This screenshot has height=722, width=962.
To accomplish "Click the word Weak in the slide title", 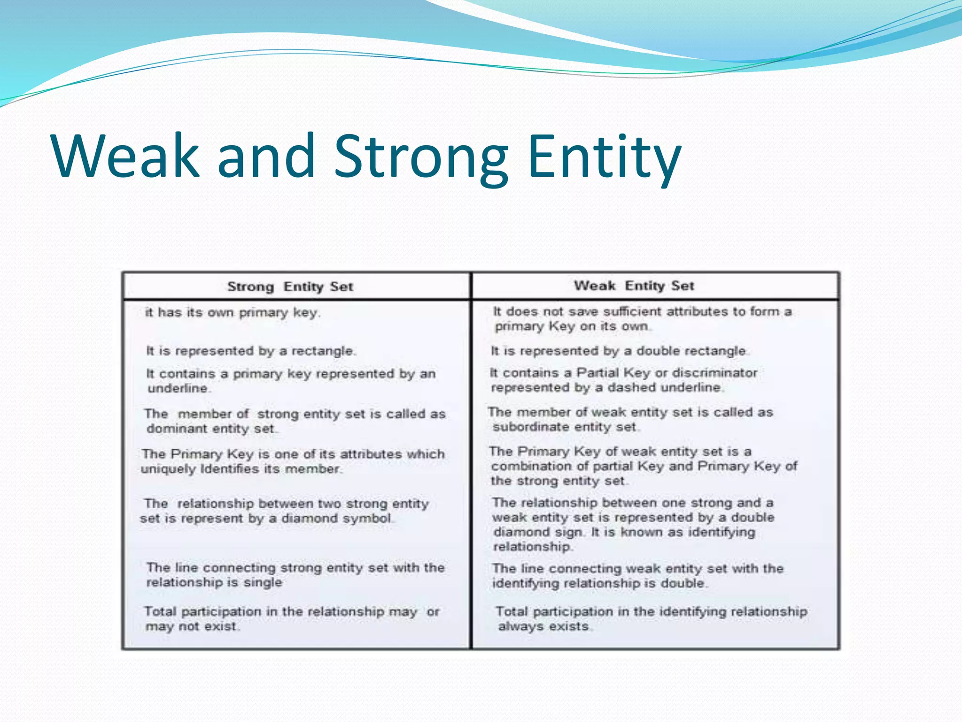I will point(126,156).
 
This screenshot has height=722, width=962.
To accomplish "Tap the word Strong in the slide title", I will point(421,156).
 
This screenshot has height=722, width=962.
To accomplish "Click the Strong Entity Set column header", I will point(290,287).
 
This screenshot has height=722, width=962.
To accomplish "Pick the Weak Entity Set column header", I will point(634,286).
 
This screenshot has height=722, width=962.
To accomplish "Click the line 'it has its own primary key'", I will point(233,313).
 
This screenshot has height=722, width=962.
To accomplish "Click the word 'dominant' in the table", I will point(177,429).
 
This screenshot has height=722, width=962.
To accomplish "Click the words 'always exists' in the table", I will point(543,627).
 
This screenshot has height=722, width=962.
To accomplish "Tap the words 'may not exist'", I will point(191,627).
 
